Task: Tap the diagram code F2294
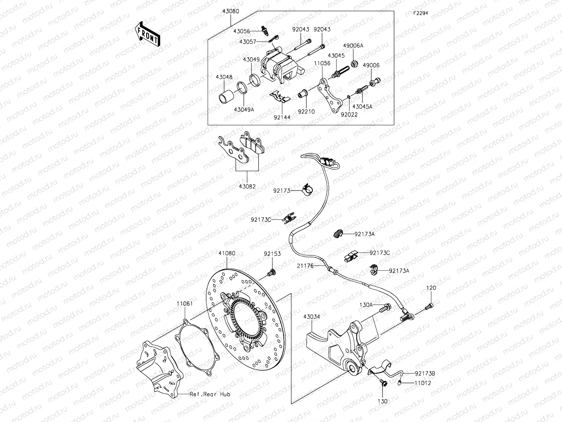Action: [420, 13]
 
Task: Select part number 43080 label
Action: [230, 11]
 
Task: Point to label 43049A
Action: [244, 109]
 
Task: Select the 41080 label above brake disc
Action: [227, 253]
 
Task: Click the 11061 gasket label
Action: [185, 303]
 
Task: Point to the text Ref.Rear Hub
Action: [210, 394]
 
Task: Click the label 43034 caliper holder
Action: [312, 316]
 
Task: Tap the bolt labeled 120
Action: [429, 307]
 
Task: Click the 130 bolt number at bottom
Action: [383, 401]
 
